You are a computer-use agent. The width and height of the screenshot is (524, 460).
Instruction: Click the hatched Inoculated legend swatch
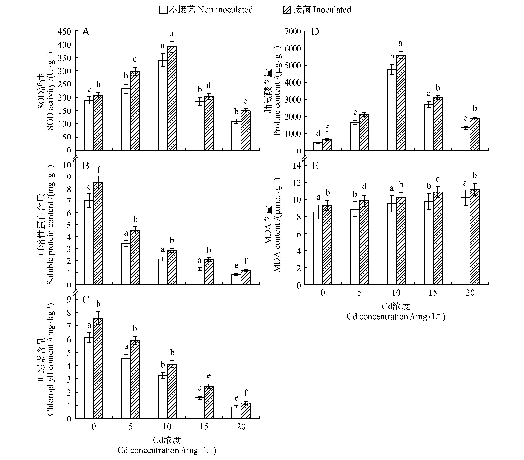[x=287, y=10]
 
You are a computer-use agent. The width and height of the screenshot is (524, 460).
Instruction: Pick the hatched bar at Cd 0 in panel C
[x=98, y=368]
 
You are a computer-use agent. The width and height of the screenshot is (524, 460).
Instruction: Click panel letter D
[x=315, y=32]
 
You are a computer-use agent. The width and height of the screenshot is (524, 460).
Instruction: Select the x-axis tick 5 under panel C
[x=131, y=426]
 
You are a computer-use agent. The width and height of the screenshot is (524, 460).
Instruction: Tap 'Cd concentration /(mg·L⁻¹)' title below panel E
[x=396, y=317]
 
